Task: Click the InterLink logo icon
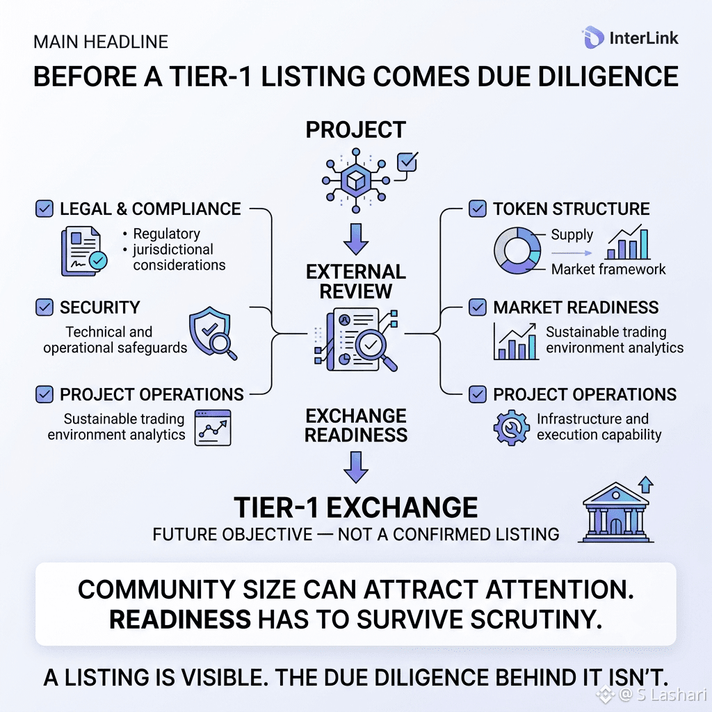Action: pyautogui.click(x=592, y=38)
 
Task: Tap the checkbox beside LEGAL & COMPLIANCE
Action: pyautogui.click(x=44, y=209)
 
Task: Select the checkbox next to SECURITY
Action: pyautogui.click(x=44, y=307)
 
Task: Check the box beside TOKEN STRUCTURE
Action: pyautogui.click(x=477, y=209)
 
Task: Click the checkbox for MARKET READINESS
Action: pyautogui.click(x=477, y=307)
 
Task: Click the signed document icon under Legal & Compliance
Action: pyautogui.click(x=84, y=251)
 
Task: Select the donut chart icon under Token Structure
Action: pyautogui.click(x=517, y=250)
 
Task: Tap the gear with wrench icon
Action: pyautogui.click(x=511, y=428)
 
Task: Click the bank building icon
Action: pyautogui.click(x=616, y=510)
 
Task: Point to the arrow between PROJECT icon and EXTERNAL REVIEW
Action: pyautogui.click(x=355, y=239)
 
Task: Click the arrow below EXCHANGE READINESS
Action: pyautogui.click(x=355, y=467)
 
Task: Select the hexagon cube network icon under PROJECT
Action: pyautogui.click(x=355, y=181)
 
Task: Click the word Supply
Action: pyautogui.click(x=572, y=235)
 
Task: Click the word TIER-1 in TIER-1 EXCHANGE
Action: pyautogui.click(x=276, y=507)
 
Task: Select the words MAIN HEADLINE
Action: pyautogui.click(x=101, y=42)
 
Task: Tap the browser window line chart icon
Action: pyautogui.click(x=213, y=428)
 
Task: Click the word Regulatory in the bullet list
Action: pyautogui.click(x=167, y=234)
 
